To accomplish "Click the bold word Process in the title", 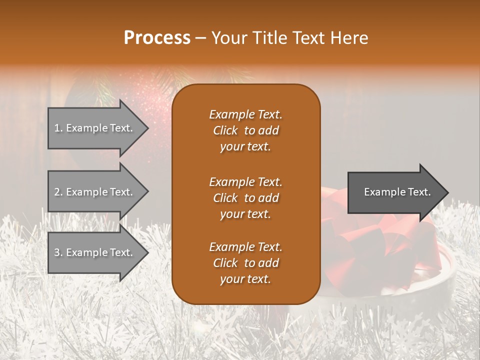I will tap(157, 38).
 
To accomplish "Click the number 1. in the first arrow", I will tap(58, 128).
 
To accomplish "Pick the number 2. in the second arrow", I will tap(58, 192).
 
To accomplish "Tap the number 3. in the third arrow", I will tap(58, 252).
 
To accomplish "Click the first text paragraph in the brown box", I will tap(245, 130).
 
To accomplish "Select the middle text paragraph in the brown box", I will tap(245, 198).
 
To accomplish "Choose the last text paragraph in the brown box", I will tap(245, 263).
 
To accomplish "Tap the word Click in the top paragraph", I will tap(225, 130).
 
